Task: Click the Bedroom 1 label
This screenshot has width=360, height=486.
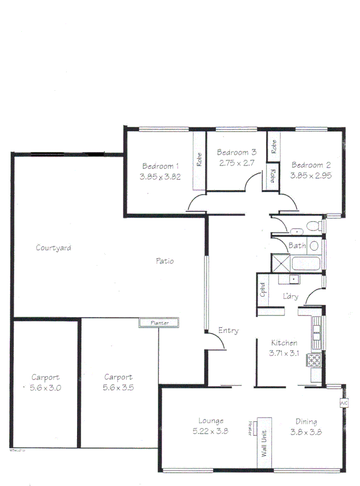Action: coord(160,166)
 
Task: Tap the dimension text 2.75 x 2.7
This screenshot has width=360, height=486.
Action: coord(237,163)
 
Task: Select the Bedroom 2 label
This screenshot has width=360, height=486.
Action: coord(311,165)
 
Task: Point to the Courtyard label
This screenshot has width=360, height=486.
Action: coord(54,248)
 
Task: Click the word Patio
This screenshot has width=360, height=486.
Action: coord(164,261)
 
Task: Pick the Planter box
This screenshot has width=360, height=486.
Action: coord(159,323)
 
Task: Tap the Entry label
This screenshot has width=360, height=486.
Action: coord(228,331)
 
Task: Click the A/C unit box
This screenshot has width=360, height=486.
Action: coord(344,403)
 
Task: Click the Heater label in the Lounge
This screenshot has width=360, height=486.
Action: coord(250,429)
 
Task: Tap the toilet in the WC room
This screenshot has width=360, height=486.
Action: coord(314,225)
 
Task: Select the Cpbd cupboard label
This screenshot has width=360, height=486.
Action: coord(263,290)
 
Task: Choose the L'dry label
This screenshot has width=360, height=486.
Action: coord(291,297)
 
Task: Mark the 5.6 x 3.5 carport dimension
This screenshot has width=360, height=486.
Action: coord(118,388)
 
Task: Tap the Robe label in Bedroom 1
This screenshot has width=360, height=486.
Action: coord(199,159)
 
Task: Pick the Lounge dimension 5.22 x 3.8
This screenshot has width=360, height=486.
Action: coord(210,431)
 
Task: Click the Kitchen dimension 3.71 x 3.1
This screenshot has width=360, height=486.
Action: coord(284,354)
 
